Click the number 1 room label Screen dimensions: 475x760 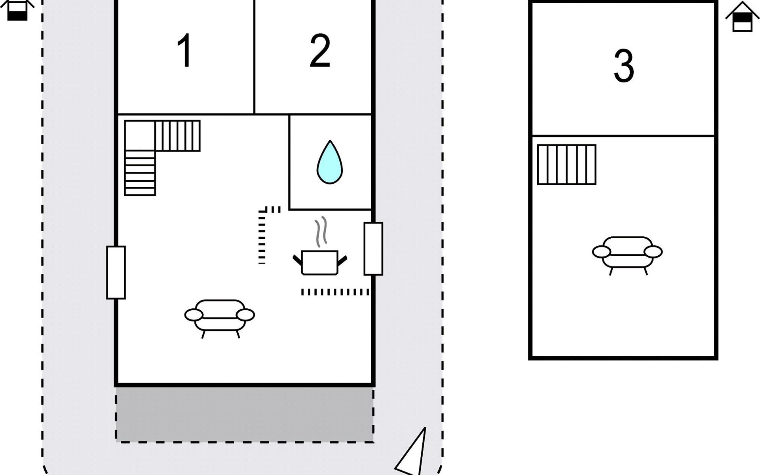(184, 51)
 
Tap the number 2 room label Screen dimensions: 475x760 (320, 51)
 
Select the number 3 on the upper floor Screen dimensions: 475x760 (624, 66)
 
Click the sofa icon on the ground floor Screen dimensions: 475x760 (220, 317)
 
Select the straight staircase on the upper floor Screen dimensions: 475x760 (566, 165)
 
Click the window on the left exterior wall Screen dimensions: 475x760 (116, 272)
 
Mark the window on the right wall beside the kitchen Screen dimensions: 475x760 (373, 249)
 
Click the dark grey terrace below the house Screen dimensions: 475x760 (245, 414)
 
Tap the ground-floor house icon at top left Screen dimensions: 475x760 (17, 9)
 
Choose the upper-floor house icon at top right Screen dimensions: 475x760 (742, 17)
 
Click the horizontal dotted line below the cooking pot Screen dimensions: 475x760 (335, 292)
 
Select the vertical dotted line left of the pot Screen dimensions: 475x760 (262, 237)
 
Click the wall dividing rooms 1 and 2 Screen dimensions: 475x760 (254, 57)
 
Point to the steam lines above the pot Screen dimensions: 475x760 (321, 232)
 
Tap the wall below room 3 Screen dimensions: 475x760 (623, 136)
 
